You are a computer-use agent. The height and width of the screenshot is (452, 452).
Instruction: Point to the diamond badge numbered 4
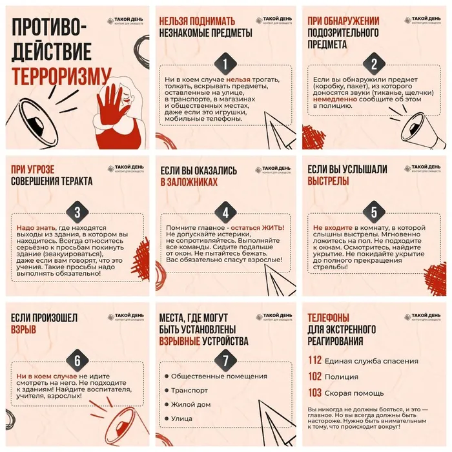tap(225, 212)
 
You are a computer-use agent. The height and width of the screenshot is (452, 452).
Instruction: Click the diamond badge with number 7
tap(225, 360)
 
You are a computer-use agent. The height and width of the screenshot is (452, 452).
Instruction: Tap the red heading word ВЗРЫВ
tap(23, 330)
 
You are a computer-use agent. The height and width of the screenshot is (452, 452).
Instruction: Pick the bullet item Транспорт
tap(189, 391)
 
